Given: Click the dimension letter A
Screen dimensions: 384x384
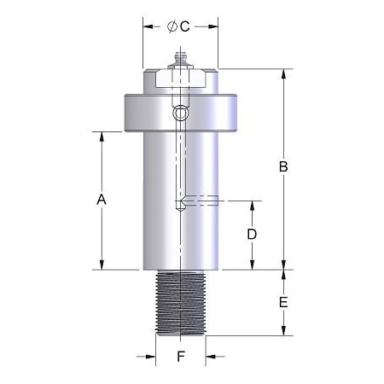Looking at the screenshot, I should click(x=101, y=199).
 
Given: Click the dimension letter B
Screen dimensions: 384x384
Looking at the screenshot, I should click(x=284, y=167).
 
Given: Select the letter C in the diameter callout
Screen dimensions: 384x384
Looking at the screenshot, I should click(x=184, y=26).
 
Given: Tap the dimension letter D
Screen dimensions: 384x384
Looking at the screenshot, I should click(x=252, y=234).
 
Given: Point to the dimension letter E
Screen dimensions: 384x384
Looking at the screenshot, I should click(x=284, y=303).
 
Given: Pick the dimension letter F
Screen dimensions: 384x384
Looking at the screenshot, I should click(x=180, y=358).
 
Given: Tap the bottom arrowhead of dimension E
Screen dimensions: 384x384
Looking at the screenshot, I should click(x=284, y=332).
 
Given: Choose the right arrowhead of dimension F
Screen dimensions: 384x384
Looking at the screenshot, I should click(x=210, y=358).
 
